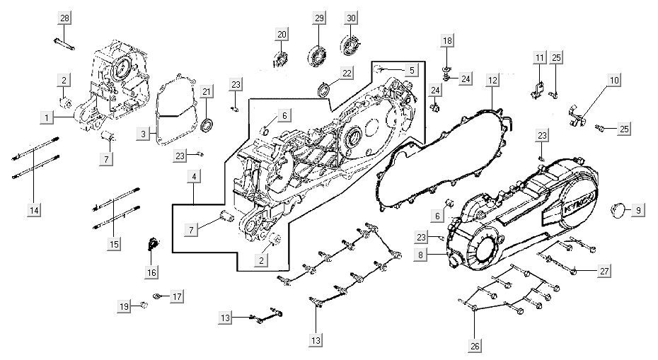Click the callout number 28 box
pos(64,17)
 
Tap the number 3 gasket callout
pos(144,133)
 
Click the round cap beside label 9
pos(619,210)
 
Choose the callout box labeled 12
pos(492,81)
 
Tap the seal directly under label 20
pos(280,58)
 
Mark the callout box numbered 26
pos(475,346)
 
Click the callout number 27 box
pos(604,271)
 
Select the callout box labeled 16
pos(152,272)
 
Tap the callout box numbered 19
pos(124,306)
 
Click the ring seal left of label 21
pos(207,126)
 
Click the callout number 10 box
pos(613,80)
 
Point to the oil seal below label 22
pos(324,89)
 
